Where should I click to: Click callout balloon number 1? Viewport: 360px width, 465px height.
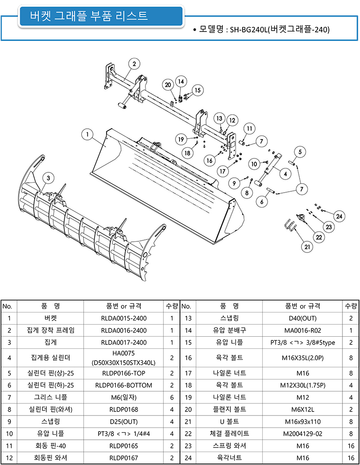(x=87, y=134)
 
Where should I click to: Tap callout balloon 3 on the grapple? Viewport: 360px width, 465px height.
(x=48, y=178)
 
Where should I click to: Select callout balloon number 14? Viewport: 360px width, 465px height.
(x=181, y=81)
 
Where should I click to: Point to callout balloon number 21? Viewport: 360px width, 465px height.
(x=307, y=247)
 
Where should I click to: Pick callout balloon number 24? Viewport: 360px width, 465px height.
(x=339, y=216)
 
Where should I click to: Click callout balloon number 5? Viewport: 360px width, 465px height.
(x=300, y=152)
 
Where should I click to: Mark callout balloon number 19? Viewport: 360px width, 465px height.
(x=181, y=139)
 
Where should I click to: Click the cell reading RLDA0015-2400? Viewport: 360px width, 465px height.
(x=124, y=318)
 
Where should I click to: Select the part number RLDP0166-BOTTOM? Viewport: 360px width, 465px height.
(x=124, y=385)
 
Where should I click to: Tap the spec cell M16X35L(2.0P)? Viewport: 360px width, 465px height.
(x=303, y=358)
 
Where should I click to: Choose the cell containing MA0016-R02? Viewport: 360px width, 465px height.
(x=303, y=330)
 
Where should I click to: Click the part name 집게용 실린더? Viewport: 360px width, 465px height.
(x=50, y=358)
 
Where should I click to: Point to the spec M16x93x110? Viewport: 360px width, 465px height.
(x=303, y=422)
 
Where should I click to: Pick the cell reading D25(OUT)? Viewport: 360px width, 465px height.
(x=124, y=422)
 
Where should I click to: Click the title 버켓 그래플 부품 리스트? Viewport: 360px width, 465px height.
(x=89, y=15)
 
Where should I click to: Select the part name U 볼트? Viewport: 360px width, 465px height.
(x=229, y=422)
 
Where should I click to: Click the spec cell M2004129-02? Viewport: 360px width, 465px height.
(x=303, y=434)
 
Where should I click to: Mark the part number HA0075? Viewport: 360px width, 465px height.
(x=124, y=353)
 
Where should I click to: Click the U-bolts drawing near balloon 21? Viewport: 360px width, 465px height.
(x=290, y=226)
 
